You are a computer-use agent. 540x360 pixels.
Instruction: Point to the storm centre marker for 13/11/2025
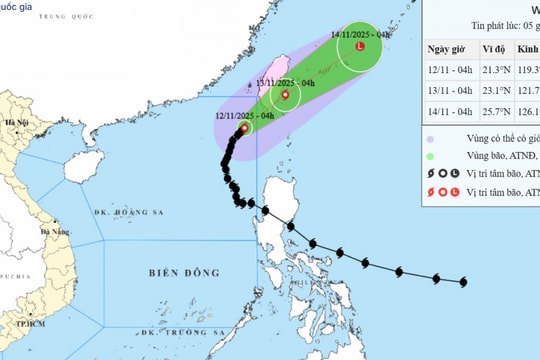coord(286,96)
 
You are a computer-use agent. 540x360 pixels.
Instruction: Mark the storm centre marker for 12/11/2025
coord(244,128)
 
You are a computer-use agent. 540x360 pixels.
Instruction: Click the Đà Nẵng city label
coord(60,231)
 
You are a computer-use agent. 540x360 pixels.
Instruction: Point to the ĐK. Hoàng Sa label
coord(122,212)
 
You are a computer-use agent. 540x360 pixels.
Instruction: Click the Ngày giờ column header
coord(449,49)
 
